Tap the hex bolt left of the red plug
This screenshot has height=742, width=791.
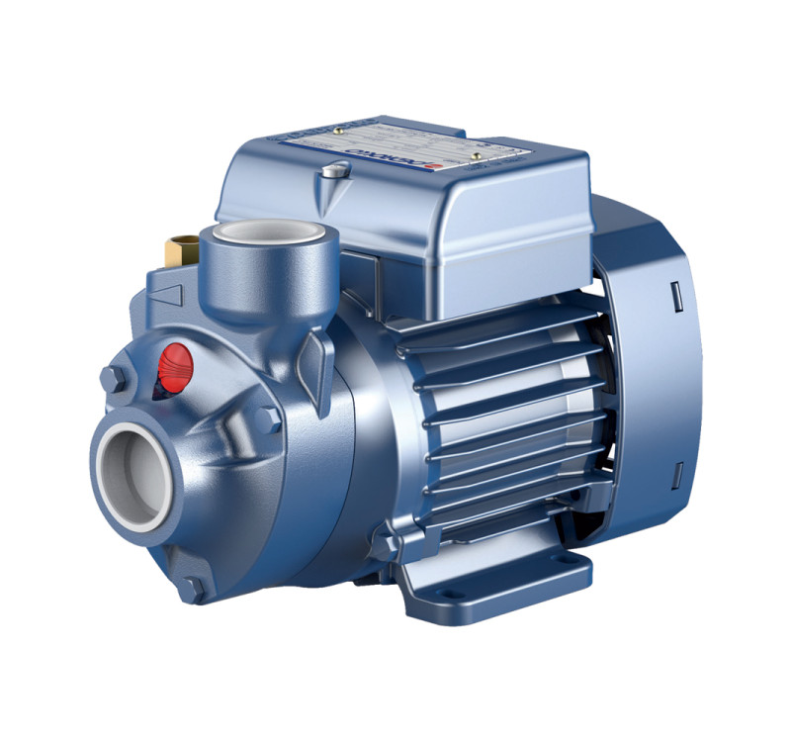click(x=112, y=377)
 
